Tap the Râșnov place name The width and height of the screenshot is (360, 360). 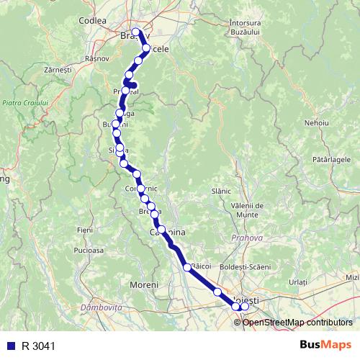point(96,58)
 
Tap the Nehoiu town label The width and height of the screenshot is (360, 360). point(316,123)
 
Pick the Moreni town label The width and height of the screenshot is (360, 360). point(143,285)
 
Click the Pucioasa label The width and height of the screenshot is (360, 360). point(88,251)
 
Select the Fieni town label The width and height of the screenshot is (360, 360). point(85,229)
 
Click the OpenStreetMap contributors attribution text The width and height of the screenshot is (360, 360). point(299,322)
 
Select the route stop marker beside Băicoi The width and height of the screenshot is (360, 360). point(187,267)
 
